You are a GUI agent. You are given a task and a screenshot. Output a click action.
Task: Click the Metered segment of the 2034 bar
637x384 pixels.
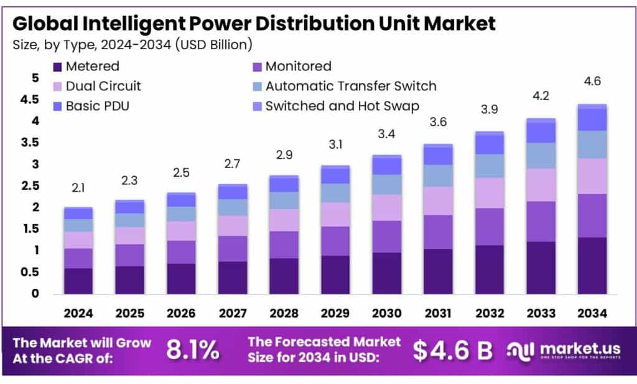pos(592,265)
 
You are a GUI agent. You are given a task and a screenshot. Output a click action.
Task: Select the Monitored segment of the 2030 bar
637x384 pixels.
pos(387,236)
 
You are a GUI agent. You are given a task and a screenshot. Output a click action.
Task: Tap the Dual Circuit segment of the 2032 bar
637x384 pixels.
pos(490,193)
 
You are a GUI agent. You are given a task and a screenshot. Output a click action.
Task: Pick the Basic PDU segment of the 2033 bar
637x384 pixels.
pos(541,132)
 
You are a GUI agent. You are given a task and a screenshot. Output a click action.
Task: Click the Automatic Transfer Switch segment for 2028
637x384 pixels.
pos(284,200)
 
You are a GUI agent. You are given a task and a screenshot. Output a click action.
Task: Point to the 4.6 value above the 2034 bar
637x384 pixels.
pos(592,82)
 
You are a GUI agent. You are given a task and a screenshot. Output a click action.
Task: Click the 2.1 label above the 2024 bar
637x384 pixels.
pos(79,187)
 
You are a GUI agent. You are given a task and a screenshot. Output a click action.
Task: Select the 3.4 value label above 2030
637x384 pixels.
pos(387,133)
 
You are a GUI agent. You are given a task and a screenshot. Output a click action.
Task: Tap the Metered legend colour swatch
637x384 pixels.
pos(58,67)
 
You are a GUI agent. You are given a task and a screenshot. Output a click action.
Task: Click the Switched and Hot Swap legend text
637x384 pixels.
pos(342,106)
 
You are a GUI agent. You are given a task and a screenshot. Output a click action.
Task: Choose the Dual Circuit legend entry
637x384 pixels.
pos(103,86)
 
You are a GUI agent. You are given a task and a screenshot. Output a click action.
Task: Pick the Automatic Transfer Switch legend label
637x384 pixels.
pos(351,86)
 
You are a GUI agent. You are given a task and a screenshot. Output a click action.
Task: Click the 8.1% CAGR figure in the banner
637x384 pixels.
pos(192,351)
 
